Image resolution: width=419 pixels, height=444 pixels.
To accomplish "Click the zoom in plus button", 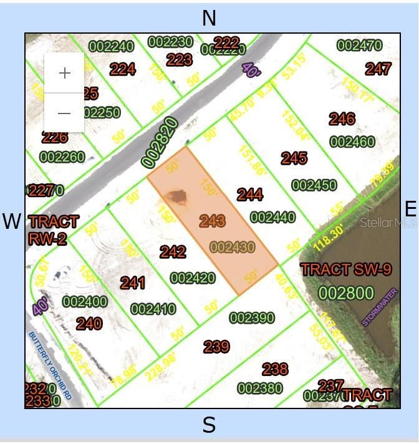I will tap(64, 73).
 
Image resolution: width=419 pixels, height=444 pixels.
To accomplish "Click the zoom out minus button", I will tap(64, 113).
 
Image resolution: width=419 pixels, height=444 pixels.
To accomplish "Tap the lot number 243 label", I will tap(213, 221).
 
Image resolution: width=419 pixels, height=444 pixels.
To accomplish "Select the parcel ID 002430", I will tap(233, 248).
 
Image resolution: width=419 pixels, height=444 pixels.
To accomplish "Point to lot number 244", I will tap(250, 195).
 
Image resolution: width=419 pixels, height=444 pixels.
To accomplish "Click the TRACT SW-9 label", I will tap(346, 270).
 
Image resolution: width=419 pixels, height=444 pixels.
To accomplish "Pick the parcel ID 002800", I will tap(346, 293).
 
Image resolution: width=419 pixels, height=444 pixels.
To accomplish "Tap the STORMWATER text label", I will tap(380, 307).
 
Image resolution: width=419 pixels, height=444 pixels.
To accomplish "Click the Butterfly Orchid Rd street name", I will tap(51, 365).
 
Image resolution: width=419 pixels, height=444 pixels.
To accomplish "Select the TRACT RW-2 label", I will tap(54, 229).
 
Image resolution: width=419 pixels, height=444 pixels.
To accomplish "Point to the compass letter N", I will tap(209, 19).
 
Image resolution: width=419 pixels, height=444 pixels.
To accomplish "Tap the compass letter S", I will tap(209, 426).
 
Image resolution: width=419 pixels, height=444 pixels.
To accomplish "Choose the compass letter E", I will tap(410, 209).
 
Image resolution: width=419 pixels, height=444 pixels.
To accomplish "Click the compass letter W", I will tap(12, 221).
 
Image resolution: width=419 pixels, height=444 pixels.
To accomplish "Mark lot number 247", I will tap(378, 69).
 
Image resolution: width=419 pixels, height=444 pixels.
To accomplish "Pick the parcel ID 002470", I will tap(359, 45).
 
